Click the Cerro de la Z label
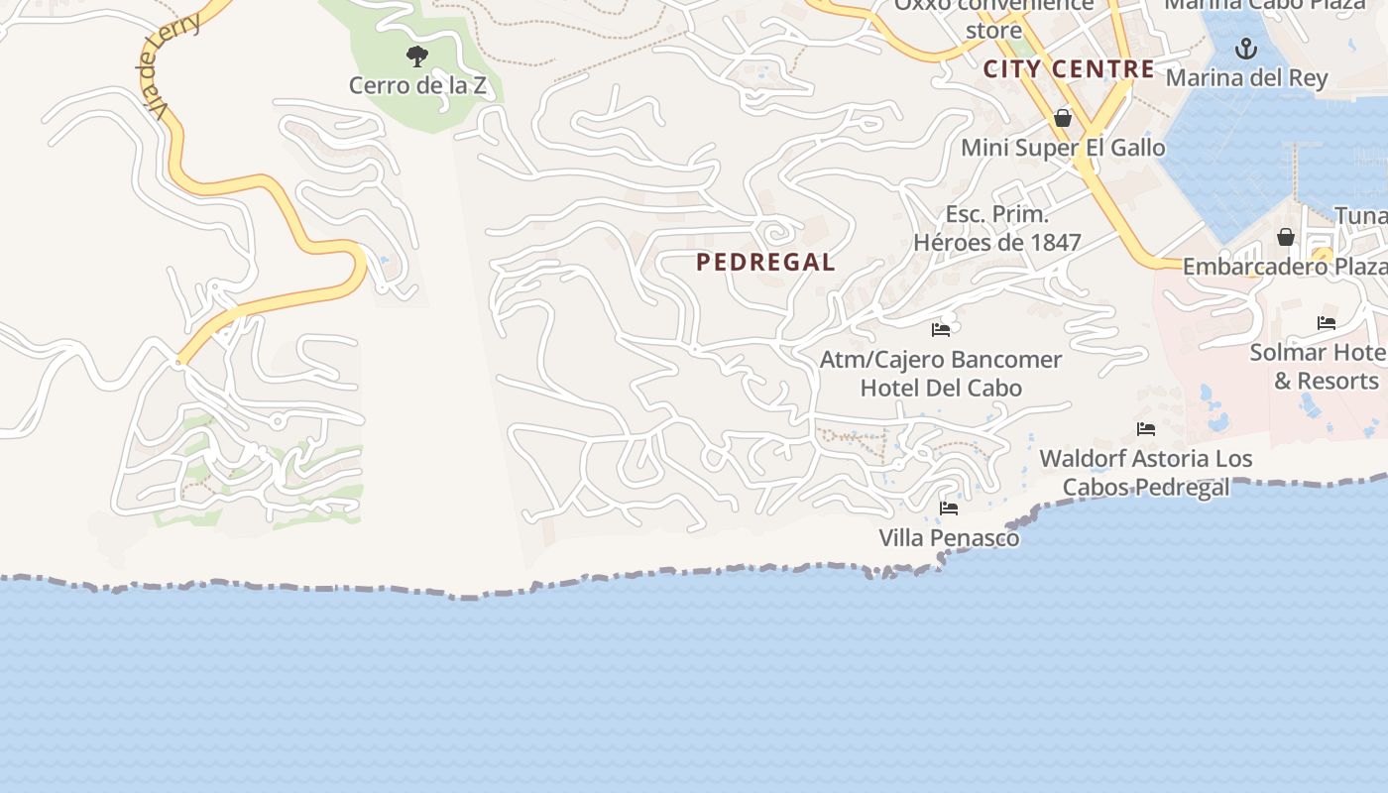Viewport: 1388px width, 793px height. [417, 85]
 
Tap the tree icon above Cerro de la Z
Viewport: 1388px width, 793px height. [417, 56]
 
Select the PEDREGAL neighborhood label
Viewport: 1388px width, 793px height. [765, 263]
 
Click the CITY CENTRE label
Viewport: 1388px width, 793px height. [1069, 69]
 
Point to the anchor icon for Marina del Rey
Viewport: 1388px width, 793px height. [1246, 48]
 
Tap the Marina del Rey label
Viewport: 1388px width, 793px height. [1246, 77]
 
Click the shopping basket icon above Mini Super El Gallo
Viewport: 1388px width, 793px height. [1063, 119]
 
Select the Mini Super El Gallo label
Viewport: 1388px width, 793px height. [1063, 149]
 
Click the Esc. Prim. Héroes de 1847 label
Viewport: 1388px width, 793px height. [996, 229]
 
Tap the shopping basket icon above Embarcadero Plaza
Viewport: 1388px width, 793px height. [1286, 237]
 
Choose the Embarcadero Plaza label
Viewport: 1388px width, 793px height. [1284, 267]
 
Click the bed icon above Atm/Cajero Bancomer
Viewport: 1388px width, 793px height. [941, 329]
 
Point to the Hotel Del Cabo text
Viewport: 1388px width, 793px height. [941, 388]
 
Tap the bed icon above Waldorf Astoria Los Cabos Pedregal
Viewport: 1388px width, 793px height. [1146, 429]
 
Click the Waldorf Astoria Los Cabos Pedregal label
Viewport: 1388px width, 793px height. [1146, 473]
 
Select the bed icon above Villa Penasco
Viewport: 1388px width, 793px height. [949, 509]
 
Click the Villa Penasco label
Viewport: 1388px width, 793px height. [949, 538]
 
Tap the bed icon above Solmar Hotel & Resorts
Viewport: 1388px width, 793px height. [1327, 323]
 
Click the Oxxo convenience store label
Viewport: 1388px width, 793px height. [993, 17]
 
